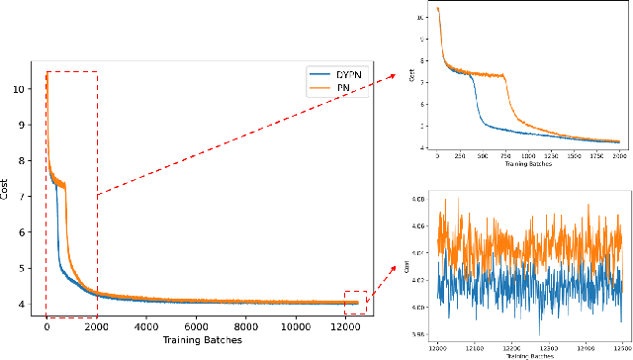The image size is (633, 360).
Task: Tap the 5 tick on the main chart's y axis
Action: [29, 268]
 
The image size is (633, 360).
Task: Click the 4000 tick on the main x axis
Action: [145, 326]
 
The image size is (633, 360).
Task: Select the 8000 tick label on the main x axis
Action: [245, 326]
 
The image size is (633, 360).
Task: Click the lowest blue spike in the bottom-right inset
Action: [539, 333]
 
